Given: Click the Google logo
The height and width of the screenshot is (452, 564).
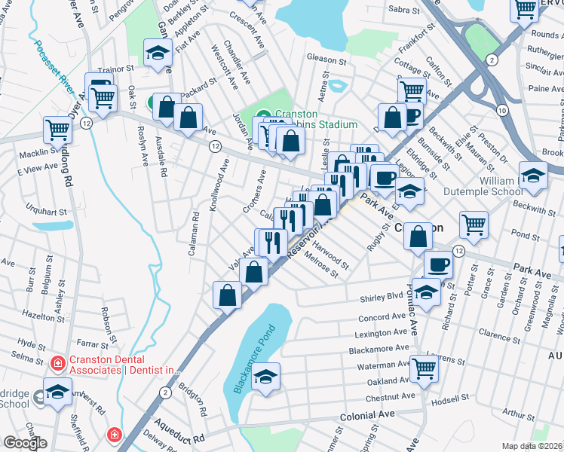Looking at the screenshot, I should pos(25,443).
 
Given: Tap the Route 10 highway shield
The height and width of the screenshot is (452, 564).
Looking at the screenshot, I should pos(501,110).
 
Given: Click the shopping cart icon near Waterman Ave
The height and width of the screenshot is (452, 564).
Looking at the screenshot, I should pos(425,368).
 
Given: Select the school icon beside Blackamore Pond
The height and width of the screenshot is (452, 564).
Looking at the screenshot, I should pos(265,377).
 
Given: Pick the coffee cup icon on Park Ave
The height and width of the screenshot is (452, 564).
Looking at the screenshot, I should pos(438,264).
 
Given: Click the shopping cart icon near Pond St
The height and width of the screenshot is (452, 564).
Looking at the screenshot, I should pos(474,224).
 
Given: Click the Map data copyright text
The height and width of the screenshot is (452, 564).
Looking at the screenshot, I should pos(532,446).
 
